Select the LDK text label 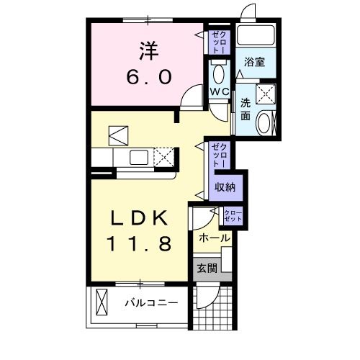pos(140,218)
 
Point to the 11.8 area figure pos(140,244)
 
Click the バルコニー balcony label pos(150,303)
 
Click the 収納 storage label pos(224,187)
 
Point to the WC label pos(219,92)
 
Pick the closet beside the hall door pos(233,215)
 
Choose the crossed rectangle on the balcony pos(102,302)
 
